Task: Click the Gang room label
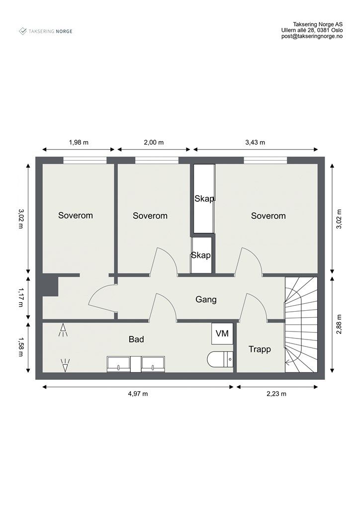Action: point(206,300)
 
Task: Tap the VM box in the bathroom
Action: point(222,334)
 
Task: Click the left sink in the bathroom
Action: point(119,364)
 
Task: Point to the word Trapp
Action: point(260,349)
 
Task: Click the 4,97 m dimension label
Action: point(138,394)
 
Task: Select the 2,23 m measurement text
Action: point(277,394)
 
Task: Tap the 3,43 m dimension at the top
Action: point(255,142)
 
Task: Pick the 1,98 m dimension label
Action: point(78,142)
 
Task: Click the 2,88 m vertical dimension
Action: point(339,325)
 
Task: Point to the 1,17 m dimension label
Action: point(20,297)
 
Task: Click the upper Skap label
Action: point(204,199)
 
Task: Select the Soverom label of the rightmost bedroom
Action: point(268,216)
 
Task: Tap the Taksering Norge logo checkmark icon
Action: point(23,31)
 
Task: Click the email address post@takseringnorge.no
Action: point(312,37)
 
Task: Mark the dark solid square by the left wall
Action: point(50,286)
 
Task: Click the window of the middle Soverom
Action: point(157,160)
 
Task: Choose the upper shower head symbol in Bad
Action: point(63,330)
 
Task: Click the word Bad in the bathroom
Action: point(136,339)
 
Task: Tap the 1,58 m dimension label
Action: point(20,346)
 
